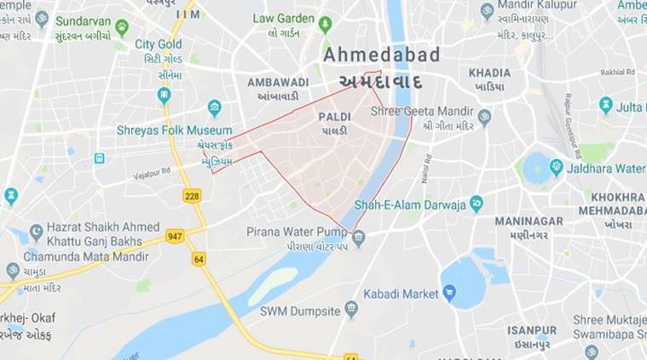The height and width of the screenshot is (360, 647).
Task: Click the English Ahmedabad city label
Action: click(382, 55)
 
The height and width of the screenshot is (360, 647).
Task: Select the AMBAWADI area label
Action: click(278, 82)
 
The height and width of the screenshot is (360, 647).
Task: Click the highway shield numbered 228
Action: click(192, 195)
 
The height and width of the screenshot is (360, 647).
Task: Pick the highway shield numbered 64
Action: click(199, 258)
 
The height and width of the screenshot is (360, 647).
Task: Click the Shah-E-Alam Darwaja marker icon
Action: click(477, 204)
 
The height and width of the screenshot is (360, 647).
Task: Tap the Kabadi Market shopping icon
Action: click(448, 294)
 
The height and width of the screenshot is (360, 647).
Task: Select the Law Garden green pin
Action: click(325, 24)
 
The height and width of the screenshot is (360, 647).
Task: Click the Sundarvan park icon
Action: click(122, 27)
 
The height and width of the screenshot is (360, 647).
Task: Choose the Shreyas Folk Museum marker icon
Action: click(215, 108)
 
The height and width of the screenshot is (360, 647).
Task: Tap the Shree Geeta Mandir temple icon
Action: click(484, 118)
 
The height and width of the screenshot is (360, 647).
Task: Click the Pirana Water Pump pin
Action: click(359, 238)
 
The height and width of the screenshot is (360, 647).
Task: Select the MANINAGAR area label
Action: click(529, 221)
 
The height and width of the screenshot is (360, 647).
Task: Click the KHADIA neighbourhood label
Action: click(489, 73)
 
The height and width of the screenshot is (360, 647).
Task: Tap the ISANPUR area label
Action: click(532, 330)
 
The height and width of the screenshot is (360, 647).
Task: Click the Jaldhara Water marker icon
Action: click(557, 167)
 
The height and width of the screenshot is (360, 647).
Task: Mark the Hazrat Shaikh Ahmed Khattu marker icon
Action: click(36, 232)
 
